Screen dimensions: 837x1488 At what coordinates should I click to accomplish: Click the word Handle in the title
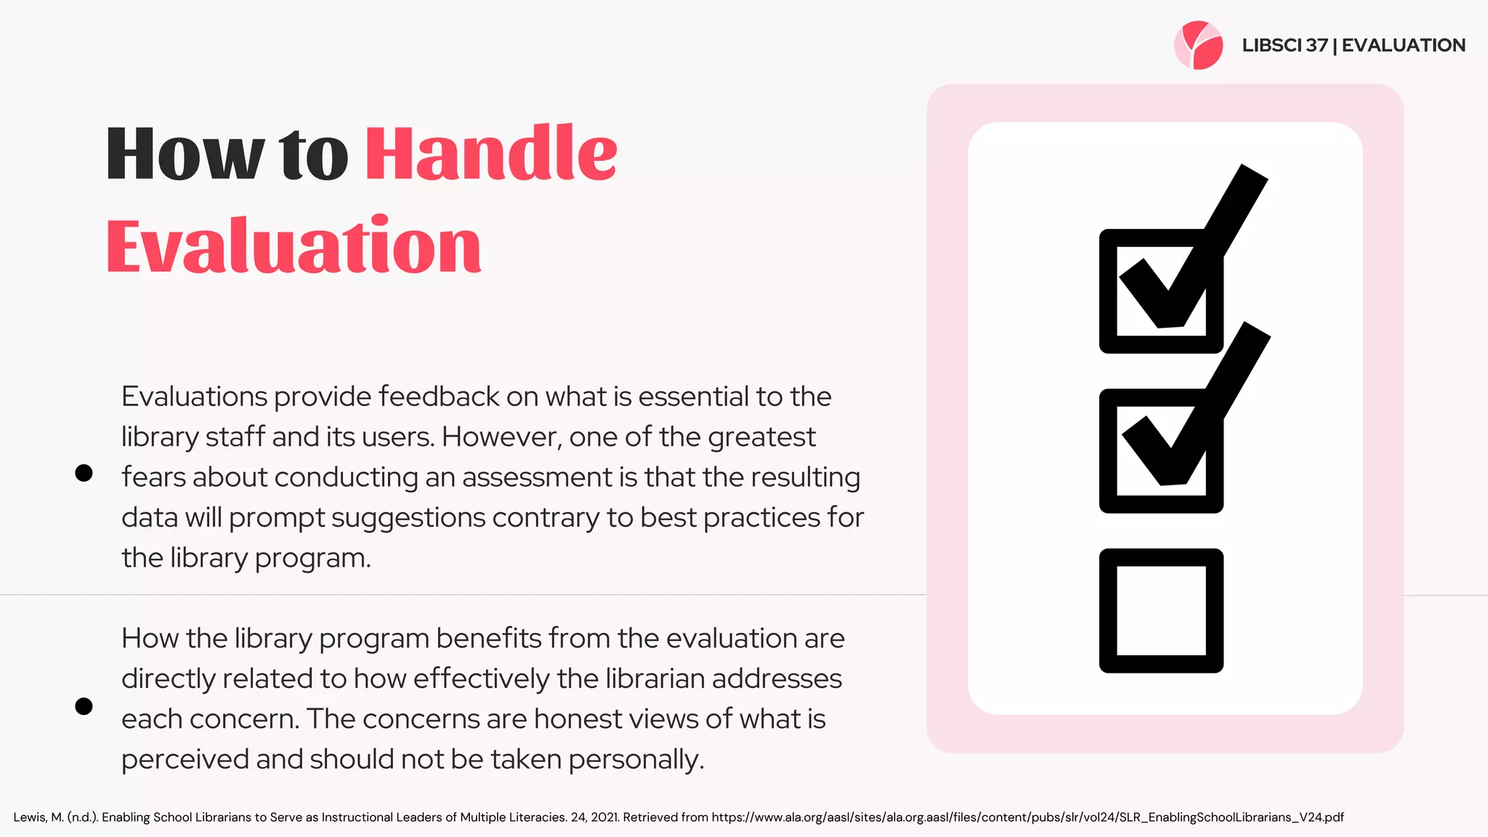[x=491, y=154]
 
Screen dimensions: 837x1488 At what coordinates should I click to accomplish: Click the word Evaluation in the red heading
[x=294, y=247]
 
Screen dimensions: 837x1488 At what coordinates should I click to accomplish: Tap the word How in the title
[x=185, y=154]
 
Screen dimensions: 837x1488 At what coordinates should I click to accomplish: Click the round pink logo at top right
[x=1198, y=45]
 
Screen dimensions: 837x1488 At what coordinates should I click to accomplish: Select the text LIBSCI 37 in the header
[x=1285, y=45]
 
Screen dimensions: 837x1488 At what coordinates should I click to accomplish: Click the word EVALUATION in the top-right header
[x=1403, y=45]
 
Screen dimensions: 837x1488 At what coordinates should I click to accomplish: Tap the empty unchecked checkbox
[x=1161, y=610]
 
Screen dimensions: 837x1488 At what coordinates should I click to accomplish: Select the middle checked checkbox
[x=1161, y=451]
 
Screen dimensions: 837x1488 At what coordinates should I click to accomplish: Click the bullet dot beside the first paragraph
[x=84, y=473]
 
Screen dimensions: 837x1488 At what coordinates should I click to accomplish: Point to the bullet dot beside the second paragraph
[x=84, y=706]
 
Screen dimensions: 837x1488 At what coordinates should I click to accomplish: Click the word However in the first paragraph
[x=501, y=437]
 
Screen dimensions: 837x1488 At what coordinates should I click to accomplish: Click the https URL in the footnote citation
[x=1027, y=817]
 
